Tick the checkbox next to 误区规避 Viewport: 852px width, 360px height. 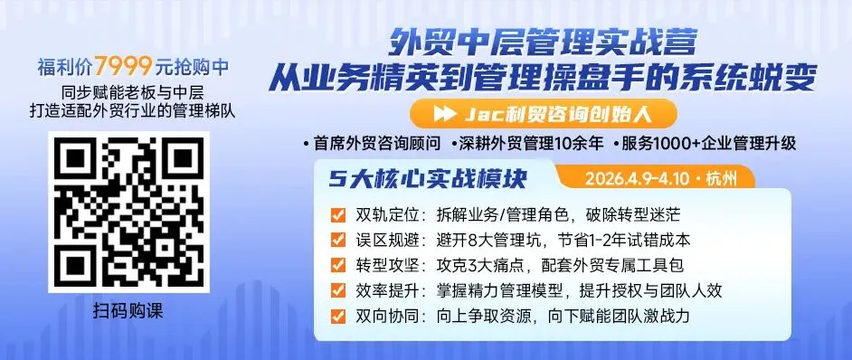pos(338,241)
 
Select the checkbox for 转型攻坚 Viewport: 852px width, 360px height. pos(338,266)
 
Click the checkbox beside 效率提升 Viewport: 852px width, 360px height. pos(338,291)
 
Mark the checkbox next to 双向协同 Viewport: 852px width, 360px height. pos(338,317)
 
